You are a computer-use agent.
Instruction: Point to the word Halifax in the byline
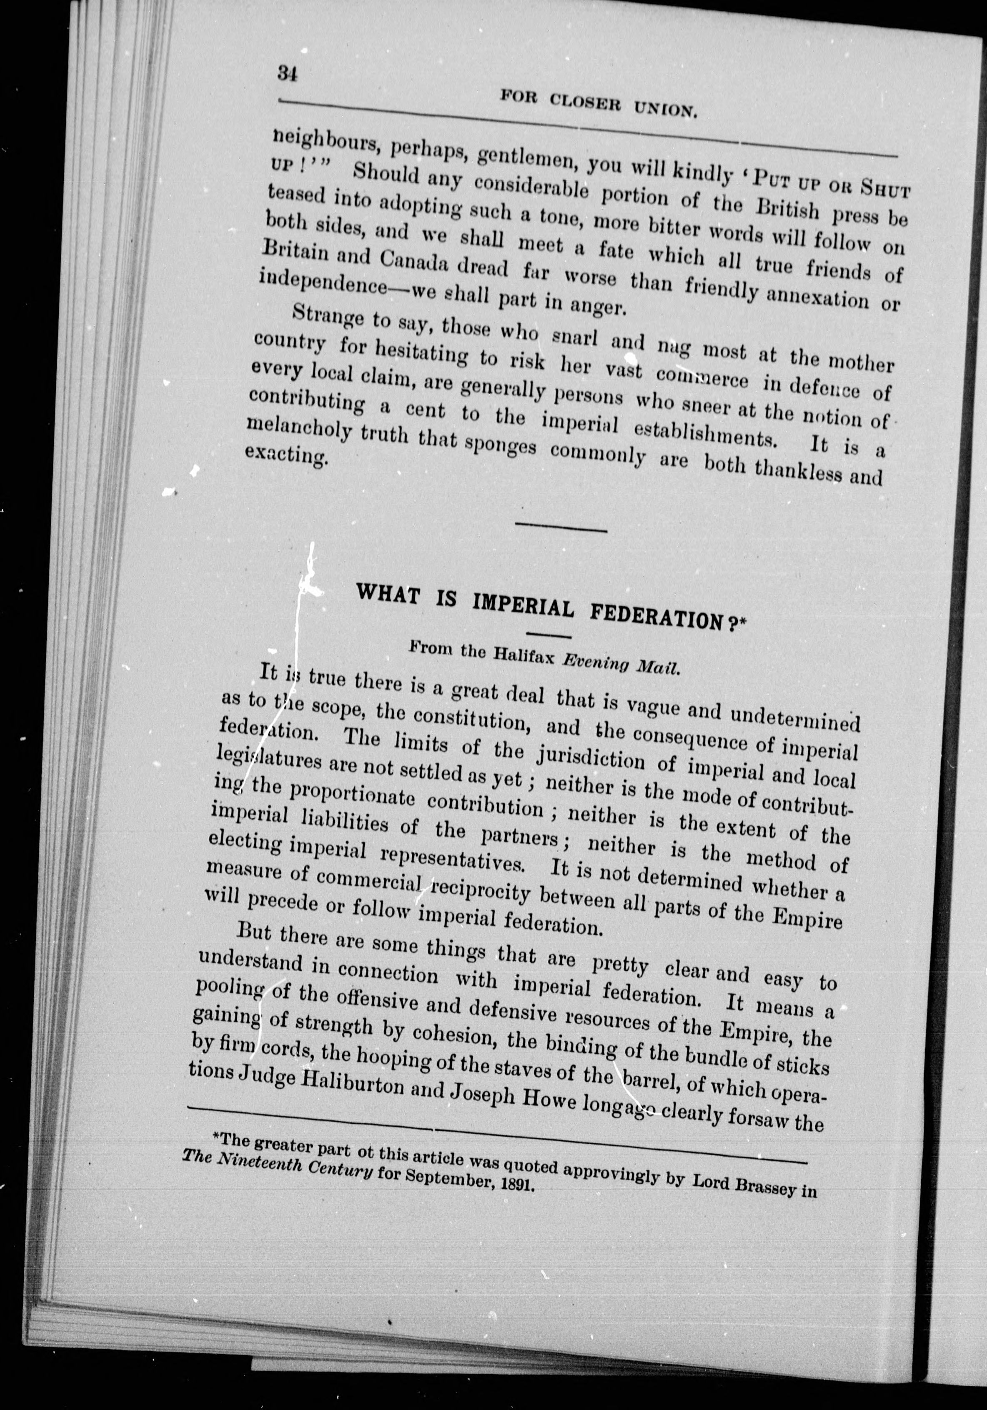(x=525, y=655)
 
